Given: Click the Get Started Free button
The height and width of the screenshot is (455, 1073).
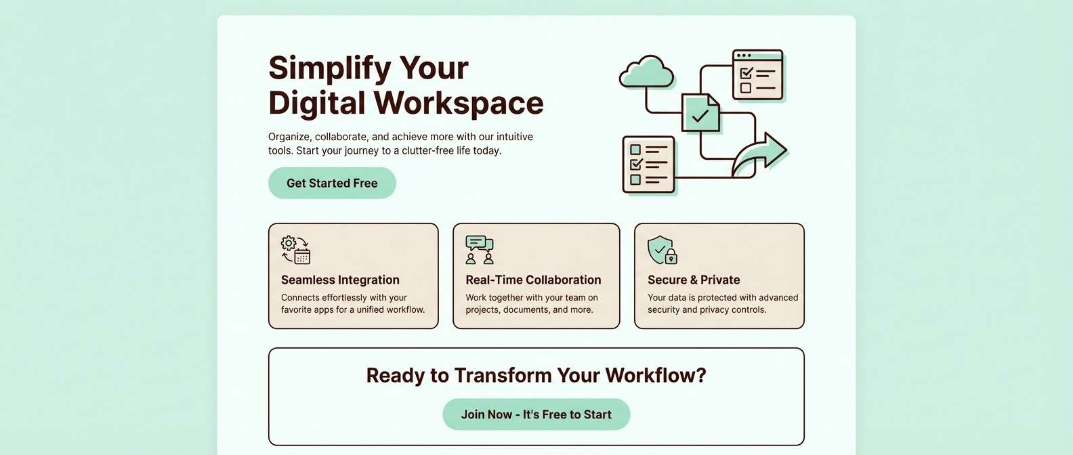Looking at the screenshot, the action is (x=332, y=183).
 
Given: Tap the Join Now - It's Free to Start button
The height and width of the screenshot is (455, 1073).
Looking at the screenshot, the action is (x=536, y=414).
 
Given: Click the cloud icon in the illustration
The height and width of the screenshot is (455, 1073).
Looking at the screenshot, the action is (x=646, y=72).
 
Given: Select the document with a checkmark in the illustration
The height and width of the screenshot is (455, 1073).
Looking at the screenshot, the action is (x=700, y=112).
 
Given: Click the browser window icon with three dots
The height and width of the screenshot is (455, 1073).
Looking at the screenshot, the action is (x=758, y=74).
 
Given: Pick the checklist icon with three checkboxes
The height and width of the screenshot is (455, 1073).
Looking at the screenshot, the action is (x=648, y=165).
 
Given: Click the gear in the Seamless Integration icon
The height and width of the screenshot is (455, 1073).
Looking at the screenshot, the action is (x=289, y=243).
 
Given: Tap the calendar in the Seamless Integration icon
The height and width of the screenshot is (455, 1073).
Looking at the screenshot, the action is (x=302, y=257).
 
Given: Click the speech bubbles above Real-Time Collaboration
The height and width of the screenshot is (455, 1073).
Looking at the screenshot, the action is (x=479, y=243).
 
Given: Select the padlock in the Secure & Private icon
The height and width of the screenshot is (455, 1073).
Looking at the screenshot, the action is (x=671, y=256).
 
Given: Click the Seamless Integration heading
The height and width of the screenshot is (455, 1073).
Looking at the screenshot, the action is (x=340, y=280).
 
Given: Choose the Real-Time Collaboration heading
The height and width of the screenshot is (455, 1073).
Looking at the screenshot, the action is (x=533, y=280).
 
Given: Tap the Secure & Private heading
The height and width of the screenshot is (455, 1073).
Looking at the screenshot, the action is (x=694, y=280).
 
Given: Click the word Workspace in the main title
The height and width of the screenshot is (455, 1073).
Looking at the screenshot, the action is (x=459, y=102).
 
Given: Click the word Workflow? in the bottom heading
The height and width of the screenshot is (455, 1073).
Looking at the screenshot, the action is (x=656, y=375).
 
